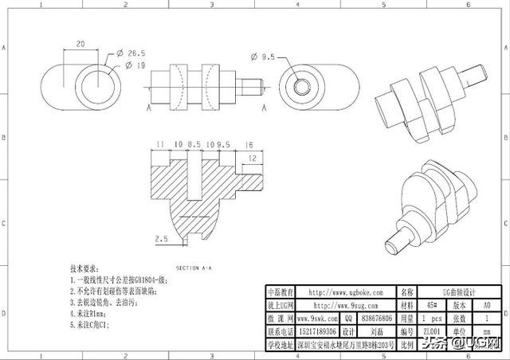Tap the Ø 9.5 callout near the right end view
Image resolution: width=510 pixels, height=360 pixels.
coord(262,57)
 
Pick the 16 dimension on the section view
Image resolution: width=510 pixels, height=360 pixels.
coord(249,146)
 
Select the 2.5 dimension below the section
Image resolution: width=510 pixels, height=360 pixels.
coord(161,238)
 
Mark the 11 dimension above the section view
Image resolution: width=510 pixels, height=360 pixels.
coord(159,146)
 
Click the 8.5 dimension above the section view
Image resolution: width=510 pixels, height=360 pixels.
coord(194,146)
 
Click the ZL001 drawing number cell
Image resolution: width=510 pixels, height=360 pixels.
coord(431,331)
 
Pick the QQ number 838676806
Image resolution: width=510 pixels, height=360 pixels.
coord(375,318)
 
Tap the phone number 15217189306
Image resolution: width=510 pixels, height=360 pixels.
coord(318,331)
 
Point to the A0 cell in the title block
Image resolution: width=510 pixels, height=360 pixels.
coord(485,305)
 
